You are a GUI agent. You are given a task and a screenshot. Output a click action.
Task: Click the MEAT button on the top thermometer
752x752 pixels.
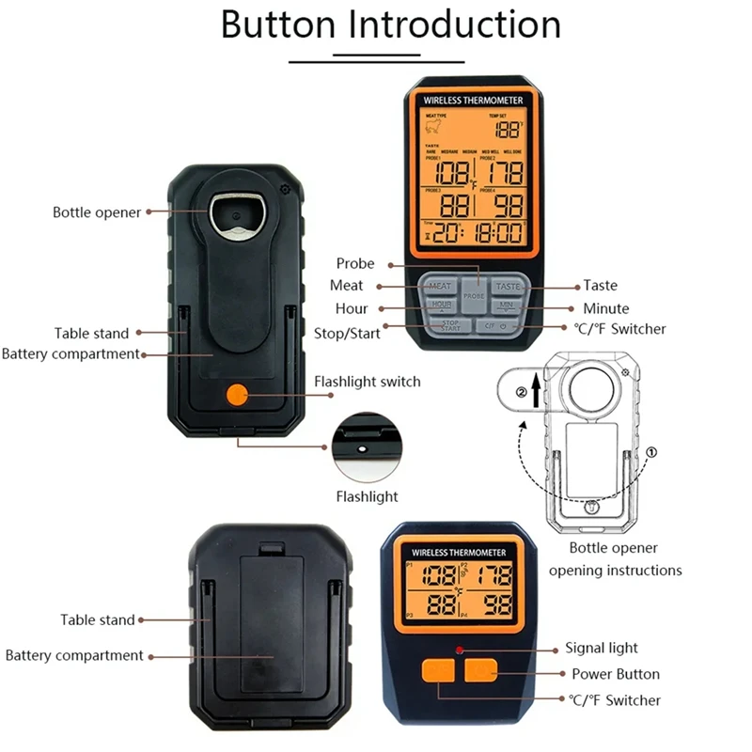click(440, 286)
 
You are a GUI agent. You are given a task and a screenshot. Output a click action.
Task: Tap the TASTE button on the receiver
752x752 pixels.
click(508, 286)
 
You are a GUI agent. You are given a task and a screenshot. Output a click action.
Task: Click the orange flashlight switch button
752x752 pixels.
click(238, 395)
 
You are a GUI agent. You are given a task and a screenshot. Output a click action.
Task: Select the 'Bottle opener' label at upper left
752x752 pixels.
click(97, 212)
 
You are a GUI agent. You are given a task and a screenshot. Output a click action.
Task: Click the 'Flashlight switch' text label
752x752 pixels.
click(367, 382)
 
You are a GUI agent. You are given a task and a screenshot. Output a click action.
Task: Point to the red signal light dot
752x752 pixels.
click(460, 650)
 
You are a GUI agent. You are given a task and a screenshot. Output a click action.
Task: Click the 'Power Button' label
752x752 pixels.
click(616, 674)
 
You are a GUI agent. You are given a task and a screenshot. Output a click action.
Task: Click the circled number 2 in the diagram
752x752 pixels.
click(522, 392)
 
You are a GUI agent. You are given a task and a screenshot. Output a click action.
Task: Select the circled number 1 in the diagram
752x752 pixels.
click(652, 451)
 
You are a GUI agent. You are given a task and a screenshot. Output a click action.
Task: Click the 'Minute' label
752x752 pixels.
click(605, 308)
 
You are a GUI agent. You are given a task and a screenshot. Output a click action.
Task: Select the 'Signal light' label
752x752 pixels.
click(601, 648)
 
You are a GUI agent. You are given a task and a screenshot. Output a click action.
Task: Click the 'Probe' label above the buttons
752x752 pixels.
click(355, 263)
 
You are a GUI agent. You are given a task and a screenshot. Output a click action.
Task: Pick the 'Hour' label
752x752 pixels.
click(352, 308)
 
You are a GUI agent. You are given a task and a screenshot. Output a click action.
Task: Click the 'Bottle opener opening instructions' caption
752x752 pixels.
click(615, 559)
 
